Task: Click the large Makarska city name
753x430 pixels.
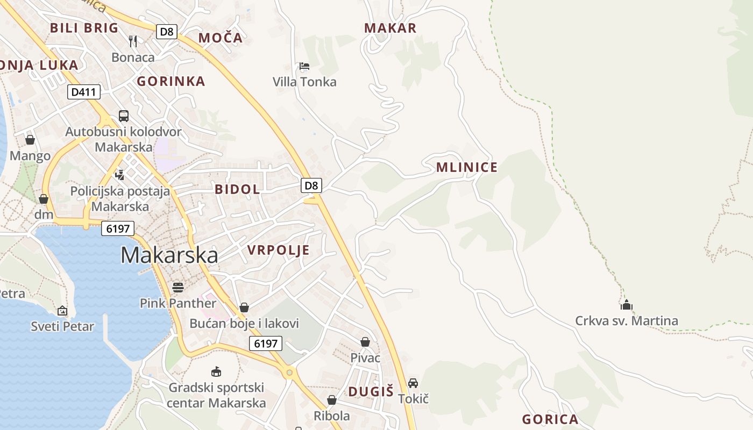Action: (169, 255)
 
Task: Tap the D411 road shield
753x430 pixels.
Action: (84, 92)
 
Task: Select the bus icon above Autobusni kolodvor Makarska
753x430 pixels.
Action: (124, 116)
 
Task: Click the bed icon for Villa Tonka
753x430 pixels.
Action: (304, 66)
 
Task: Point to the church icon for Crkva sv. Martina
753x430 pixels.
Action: (626, 305)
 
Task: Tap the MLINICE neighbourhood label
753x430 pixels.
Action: (467, 167)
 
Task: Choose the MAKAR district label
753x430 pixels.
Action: (390, 28)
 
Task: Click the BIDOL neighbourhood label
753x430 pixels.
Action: (237, 189)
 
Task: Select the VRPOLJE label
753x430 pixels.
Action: (279, 250)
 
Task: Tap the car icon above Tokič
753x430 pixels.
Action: (413, 383)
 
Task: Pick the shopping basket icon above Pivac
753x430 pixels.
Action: (365, 342)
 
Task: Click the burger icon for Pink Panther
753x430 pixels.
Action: (178, 287)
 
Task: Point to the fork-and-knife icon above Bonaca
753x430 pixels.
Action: (133, 41)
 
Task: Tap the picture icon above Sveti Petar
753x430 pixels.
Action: (62, 311)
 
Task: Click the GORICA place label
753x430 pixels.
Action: (550, 419)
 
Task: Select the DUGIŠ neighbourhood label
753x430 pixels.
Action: (371, 392)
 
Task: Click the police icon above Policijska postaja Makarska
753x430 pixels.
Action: (120, 174)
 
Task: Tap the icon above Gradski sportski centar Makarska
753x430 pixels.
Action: (216, 371)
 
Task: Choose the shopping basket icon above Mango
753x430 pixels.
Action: (30, 140)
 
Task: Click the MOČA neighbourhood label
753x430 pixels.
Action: (221, 38)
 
